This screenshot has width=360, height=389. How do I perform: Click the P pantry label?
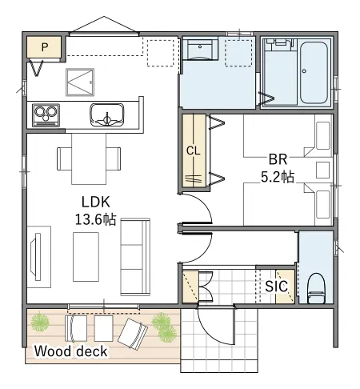click(x=45, y=47)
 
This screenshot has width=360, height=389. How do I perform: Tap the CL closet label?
click(x=193, y=151)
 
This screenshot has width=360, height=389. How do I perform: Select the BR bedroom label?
click(x=278, y=159)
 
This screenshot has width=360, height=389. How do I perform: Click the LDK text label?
click(x=95, y=202)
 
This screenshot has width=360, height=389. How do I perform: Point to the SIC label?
click(x=276, y=287)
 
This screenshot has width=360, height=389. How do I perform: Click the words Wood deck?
click(x=70, y=351)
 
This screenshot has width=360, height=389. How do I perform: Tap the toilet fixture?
click(x=316, y=288)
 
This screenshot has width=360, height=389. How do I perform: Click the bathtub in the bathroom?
click(x=314, y=73)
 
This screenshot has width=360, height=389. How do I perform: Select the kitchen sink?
click(x=107, y=114)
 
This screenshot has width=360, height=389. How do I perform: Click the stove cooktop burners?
click(x=46, y=115)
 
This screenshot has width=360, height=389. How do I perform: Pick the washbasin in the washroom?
click(x=200, y=49)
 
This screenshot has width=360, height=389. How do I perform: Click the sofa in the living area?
click(x=135, y=257)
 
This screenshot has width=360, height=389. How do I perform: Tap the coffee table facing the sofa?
click(x=86, y=257)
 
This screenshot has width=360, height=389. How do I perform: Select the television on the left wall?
click(x=36, y=257)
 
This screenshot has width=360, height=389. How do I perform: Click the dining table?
click(x=89, y=159)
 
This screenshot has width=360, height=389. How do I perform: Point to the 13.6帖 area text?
click(x=95, y=219)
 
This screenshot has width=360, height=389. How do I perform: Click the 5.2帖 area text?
click(x=278, y=177)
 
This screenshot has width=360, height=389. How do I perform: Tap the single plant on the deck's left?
click(x=40, y=322)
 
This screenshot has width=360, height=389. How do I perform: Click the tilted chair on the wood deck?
click(x=133, y=334)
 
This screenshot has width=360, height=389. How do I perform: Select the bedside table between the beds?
click(x=322, y=170)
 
